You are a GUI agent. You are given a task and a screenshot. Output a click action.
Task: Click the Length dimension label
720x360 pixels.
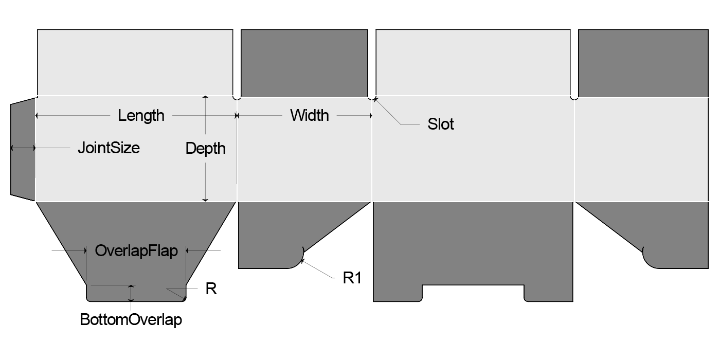pyautogui.click(x=141, y=115)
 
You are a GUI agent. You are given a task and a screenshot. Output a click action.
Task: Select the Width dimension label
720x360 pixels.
pyautogui.click(x=309, y=115)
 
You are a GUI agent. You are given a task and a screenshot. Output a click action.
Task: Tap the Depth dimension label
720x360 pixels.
pyautogui.click(x=205, y=149)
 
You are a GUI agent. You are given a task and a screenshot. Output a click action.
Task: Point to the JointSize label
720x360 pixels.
pyautogui.click(x=109, y=148)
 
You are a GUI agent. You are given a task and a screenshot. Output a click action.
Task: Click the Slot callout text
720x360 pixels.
pyautogui.click(x=441, y=124)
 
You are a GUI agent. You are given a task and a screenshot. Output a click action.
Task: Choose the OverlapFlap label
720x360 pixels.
pyautogui.click(x=136, y=251)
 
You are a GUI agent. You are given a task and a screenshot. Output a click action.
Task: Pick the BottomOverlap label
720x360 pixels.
pyautogui.click(x=131, y=320)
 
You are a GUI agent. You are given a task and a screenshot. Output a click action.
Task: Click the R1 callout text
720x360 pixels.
pyautogui.click(x=352, y=278)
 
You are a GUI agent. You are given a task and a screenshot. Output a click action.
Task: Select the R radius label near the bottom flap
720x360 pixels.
pyautogui.click(x=211, y=289)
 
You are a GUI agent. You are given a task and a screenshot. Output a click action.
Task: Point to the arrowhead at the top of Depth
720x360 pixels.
pyautogui.click(x=205, y=97)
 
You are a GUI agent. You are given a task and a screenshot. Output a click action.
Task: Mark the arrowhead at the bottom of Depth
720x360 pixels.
pyautogui.click(x=205, y=199)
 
